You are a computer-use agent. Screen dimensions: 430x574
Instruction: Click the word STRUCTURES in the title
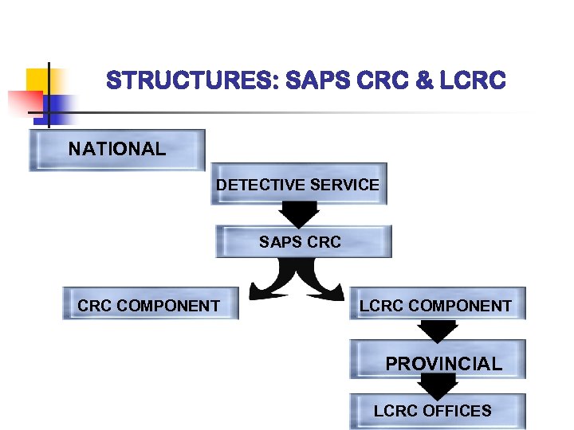[189, 81]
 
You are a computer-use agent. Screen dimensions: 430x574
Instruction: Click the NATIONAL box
[117, 150]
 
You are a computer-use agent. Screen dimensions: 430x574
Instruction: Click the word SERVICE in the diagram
[344, 185]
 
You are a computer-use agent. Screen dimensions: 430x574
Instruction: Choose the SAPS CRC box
[304, 241]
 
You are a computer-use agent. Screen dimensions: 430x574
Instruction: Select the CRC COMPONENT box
[151, 304]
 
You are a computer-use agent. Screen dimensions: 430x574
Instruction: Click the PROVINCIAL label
[443, 364]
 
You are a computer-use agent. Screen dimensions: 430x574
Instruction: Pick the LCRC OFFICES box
[438, 412]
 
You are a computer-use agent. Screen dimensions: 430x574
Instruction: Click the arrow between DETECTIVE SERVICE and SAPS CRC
[299, 214]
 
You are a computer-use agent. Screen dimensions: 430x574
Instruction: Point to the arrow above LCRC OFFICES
[437, 386]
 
